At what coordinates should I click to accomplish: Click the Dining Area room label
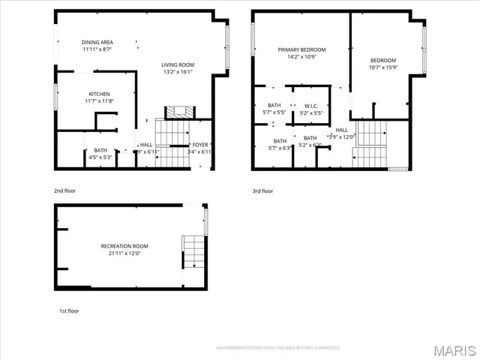[97, 42]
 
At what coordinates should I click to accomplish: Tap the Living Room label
[178, 64]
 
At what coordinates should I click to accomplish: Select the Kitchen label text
[99, 94]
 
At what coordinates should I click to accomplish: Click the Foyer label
[200, 144]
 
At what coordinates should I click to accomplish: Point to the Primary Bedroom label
[299, 49]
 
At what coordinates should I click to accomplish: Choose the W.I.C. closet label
[310, 106]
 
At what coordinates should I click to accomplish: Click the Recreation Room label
[124, 246]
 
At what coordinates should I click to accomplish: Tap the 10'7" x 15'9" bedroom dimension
[382, 68]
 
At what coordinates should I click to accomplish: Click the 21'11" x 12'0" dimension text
[124, 253]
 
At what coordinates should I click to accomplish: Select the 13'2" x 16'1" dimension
[178, 73]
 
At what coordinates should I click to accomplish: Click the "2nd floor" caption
[64, 190]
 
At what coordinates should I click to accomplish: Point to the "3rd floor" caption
[262, 190]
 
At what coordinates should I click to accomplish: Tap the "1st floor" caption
[69, 310]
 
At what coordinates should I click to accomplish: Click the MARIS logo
[454, 350]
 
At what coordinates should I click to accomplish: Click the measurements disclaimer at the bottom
[277, 348]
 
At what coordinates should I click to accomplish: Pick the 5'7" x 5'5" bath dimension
[274, 114]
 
